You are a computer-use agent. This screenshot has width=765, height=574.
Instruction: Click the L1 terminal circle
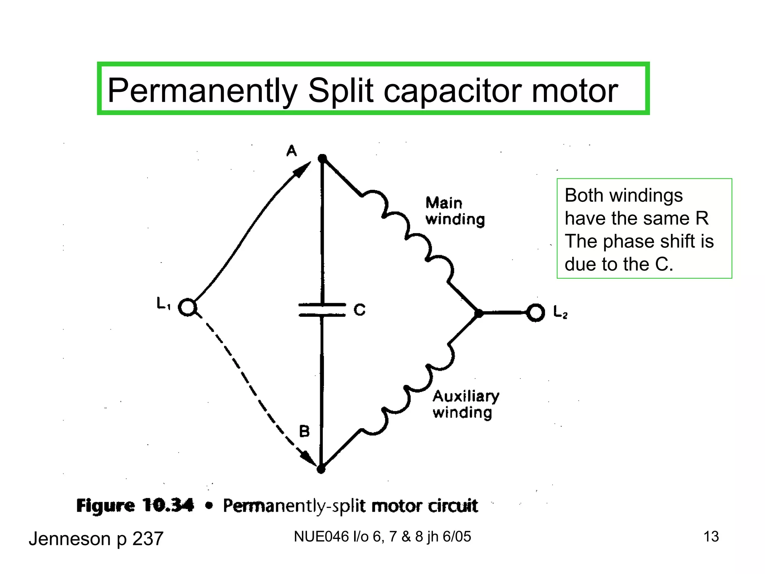pyautogui.click(x=188, y=307)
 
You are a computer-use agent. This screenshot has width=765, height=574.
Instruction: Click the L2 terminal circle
pyautogui.click(x=536, y=312)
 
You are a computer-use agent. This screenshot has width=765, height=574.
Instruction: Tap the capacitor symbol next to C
pyautogui.click(x=322, y=310)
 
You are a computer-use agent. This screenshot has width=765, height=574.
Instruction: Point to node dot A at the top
pyautogui.click(x=322, y=158)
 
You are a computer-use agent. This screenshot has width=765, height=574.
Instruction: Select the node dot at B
pyautogui.click(x=321, y=469)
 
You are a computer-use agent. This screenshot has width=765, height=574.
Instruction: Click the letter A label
pyautogui.click(x=292, y=151)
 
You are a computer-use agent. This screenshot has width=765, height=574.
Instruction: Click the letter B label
pyautogui.click(x=304, y=432)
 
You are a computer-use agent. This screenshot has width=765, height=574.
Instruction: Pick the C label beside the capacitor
pyautogui.click(x=359, y=310)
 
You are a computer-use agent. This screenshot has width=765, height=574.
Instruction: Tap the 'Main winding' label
pyautogui.click(x=455, y=212)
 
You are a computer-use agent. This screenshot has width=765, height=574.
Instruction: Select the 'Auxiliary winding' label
pyautogui.click(x=465, y=404)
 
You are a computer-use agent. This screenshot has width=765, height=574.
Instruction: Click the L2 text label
pyautogui.click(x=560, y=312)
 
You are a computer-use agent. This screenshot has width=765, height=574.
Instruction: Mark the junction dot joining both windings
pyautogui.click(x=478, y=313)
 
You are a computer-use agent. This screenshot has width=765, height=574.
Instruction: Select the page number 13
pyautogui.click(x=711, y=537)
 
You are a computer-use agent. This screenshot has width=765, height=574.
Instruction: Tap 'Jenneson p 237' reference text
pyautogui.click(x=96, y=539)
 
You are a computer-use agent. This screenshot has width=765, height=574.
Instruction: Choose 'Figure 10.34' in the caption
pyautogui.click(x=135, y=506)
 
